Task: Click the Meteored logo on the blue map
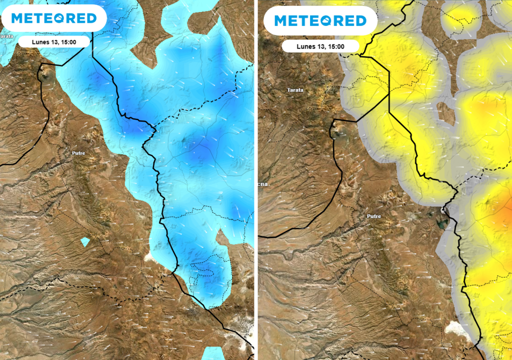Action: point(53,18)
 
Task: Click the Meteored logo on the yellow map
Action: point(320,20)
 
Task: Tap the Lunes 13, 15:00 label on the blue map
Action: point(54,41)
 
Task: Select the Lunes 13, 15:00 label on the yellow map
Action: point(320,46)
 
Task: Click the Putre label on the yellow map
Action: point(373,216)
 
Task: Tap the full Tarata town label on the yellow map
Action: point(295,90)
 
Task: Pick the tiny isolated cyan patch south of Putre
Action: point(85,242)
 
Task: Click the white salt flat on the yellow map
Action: point(458,328)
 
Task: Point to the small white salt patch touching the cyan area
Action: point(149,257)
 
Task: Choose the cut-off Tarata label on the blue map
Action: point(6,36)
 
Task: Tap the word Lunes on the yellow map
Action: point(306,46)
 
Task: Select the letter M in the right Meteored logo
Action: point(281,20)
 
